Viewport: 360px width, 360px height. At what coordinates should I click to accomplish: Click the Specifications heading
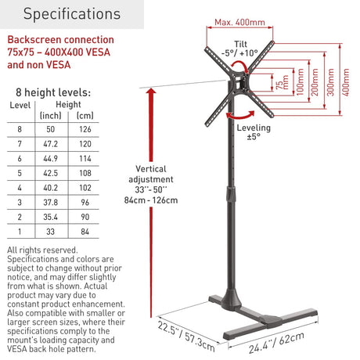point(72,14)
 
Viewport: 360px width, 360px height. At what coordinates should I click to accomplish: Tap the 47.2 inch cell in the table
point(51,144)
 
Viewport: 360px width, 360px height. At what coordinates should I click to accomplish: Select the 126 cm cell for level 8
point(85,129)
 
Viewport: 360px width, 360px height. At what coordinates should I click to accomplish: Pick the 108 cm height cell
point(85,173)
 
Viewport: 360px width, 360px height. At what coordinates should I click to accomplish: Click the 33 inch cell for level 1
point(51,232)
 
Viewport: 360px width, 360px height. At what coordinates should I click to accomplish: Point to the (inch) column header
point(51,115)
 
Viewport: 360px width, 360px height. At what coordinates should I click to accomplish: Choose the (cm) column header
point(85,115)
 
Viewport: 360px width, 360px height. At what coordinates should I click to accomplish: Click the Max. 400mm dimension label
point(239,23)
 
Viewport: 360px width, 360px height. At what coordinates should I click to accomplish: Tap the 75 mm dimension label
point(283,83)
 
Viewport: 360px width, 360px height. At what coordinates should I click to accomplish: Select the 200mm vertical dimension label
point(315,82)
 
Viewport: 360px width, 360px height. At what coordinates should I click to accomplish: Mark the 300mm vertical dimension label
point(330,82)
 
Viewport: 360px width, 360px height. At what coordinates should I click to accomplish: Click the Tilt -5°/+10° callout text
point(240,49)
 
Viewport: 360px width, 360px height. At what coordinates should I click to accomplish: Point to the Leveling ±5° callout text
point(254,132)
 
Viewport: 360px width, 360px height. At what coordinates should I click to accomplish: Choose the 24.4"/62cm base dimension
point(276,343)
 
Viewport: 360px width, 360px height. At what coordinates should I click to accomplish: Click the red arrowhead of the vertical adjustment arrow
point(151,91)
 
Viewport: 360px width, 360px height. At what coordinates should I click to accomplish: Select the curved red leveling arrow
point(240,116)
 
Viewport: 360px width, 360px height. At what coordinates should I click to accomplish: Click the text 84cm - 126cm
point(151,200)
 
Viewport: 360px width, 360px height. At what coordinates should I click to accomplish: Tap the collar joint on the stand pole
point(231,194)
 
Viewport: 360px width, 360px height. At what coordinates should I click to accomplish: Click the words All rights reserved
point(42,250)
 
